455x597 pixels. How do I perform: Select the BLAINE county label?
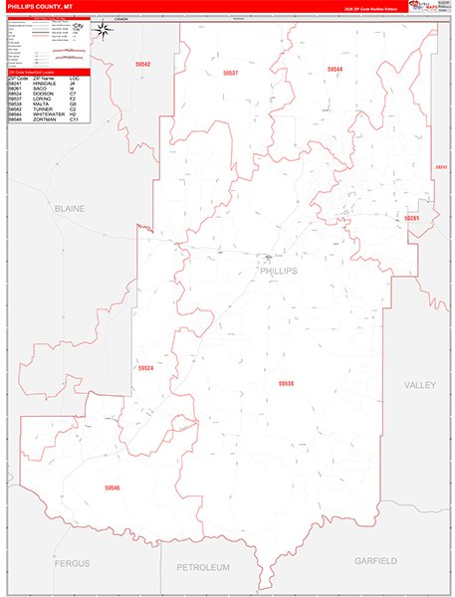pos(70,209)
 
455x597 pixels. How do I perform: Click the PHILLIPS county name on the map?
pos(278,270)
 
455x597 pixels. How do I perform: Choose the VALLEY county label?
pos(422,383)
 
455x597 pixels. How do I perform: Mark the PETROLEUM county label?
pos(203,566)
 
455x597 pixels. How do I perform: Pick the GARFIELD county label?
pos(375,561)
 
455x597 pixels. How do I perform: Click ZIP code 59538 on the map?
pos(288,383)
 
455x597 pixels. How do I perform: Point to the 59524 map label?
pos(146,368)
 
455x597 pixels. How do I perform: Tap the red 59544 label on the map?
pos(335,69)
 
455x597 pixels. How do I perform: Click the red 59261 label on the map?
pos(412,218)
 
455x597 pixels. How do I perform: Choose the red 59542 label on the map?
pos(143,64)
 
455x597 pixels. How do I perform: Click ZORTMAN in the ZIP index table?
pos(46,120)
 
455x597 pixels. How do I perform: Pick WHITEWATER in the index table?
pos(51,115)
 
